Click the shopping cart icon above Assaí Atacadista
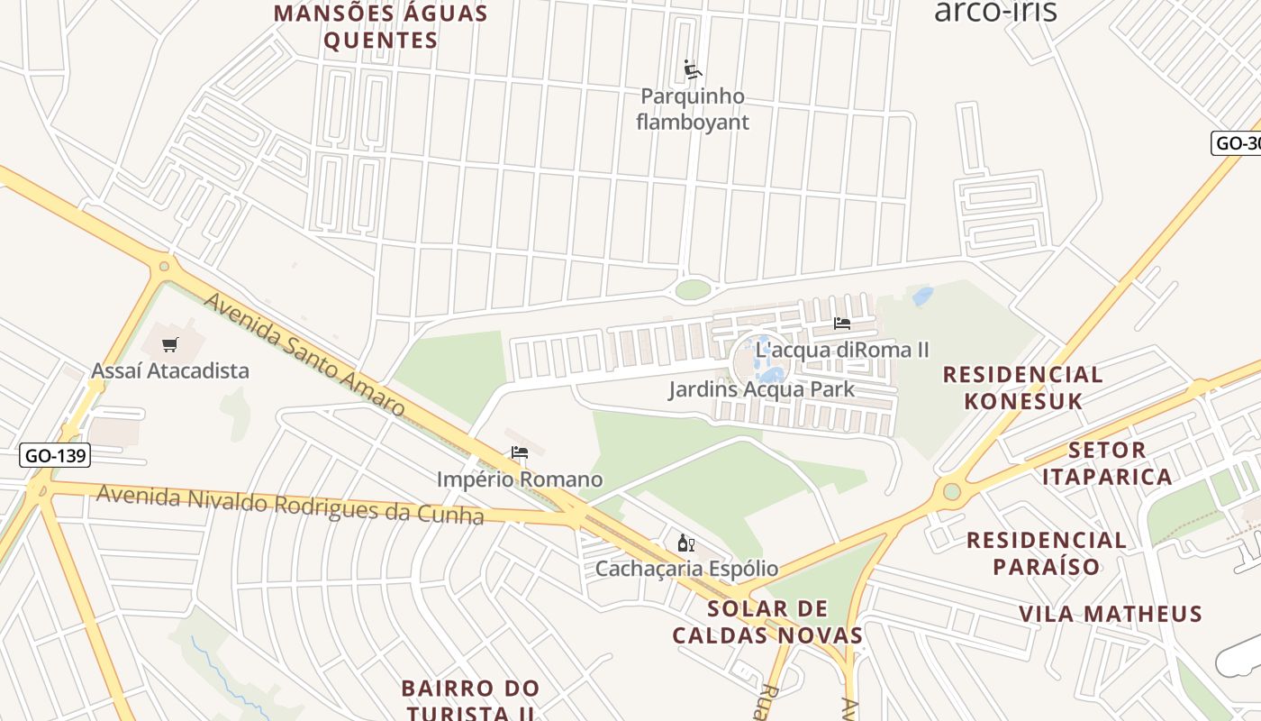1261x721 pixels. point(170,344)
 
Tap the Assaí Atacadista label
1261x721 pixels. point(170,370)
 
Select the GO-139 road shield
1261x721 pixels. point(56,455)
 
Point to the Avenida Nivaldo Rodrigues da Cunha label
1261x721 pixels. point(290,505)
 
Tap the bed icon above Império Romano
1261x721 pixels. point(520,452)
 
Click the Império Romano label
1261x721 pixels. point(520,479)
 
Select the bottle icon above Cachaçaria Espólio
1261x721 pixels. point(685,543)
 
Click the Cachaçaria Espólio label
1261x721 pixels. point(686,569)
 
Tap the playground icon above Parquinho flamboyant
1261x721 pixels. point(693,69)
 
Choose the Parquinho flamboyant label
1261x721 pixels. point(693,109)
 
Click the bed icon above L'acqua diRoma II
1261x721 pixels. point(842,324)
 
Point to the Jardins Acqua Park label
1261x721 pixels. point(761,390)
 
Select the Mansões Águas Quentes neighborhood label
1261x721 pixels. point(381,27)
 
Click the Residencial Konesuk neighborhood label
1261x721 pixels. point(1023,388)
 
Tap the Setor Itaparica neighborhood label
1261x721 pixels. point(1108,462)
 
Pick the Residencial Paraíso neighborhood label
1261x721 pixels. point(1047,552)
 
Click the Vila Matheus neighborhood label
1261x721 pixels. point(1111,614)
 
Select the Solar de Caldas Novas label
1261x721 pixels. point(767,622)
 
